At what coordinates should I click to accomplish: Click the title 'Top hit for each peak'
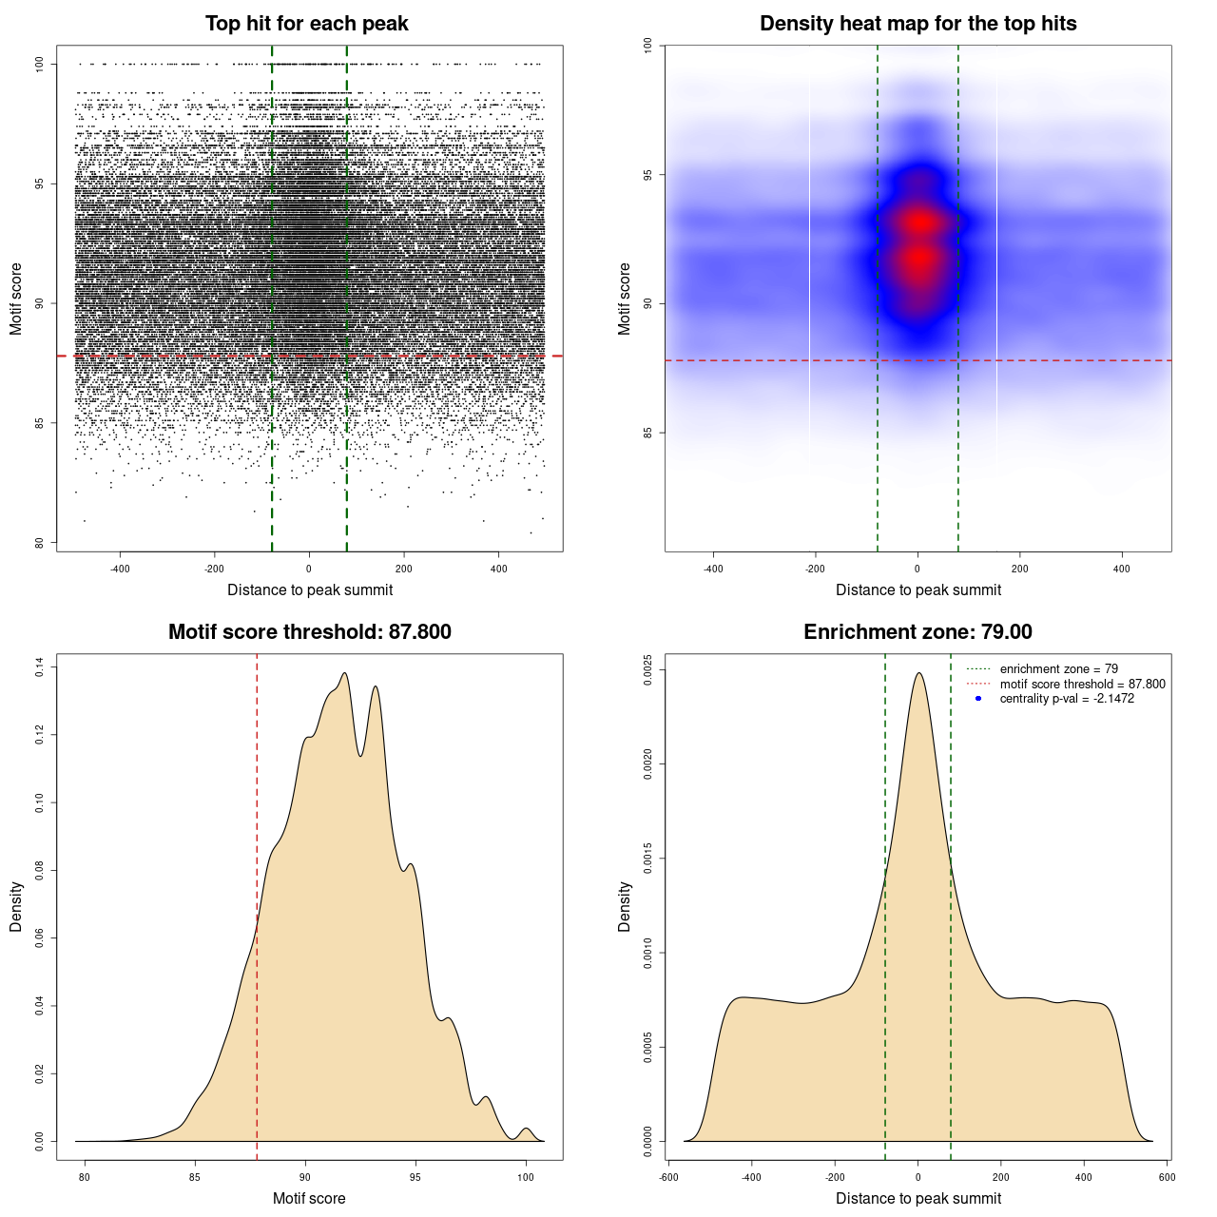click(306, 24)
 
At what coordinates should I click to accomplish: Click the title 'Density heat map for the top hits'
click(918, 24)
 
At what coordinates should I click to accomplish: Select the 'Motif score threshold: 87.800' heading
click(309, 632)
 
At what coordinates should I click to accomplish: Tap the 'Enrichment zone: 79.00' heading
click(918, 632)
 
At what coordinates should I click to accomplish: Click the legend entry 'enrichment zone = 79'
click(1058, 669)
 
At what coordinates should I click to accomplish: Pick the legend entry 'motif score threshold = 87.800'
click(1082, 684)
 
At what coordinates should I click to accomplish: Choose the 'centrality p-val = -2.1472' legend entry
click(1067, 699)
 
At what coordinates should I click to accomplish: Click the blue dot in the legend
click(978, 699)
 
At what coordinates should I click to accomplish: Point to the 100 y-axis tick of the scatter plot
click(40, 64)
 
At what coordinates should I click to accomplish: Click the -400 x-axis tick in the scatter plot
click(121, 569)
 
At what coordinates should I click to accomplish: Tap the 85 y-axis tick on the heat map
click(648, 433)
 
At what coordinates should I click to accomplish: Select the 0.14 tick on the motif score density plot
click(40, 668)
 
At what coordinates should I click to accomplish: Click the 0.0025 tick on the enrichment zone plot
click(648, 669)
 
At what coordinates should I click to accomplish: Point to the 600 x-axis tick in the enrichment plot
click(1167, 1177)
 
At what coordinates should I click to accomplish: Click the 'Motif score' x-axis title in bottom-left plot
click(309, 1198)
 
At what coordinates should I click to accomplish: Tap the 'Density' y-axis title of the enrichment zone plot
click(625, 906)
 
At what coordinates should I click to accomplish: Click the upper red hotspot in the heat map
click(918, 222)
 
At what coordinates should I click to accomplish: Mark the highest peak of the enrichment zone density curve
click(918, 674)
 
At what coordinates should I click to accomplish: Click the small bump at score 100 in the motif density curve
click(526, 1129)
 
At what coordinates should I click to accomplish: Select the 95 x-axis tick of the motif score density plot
click(415, 1177)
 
